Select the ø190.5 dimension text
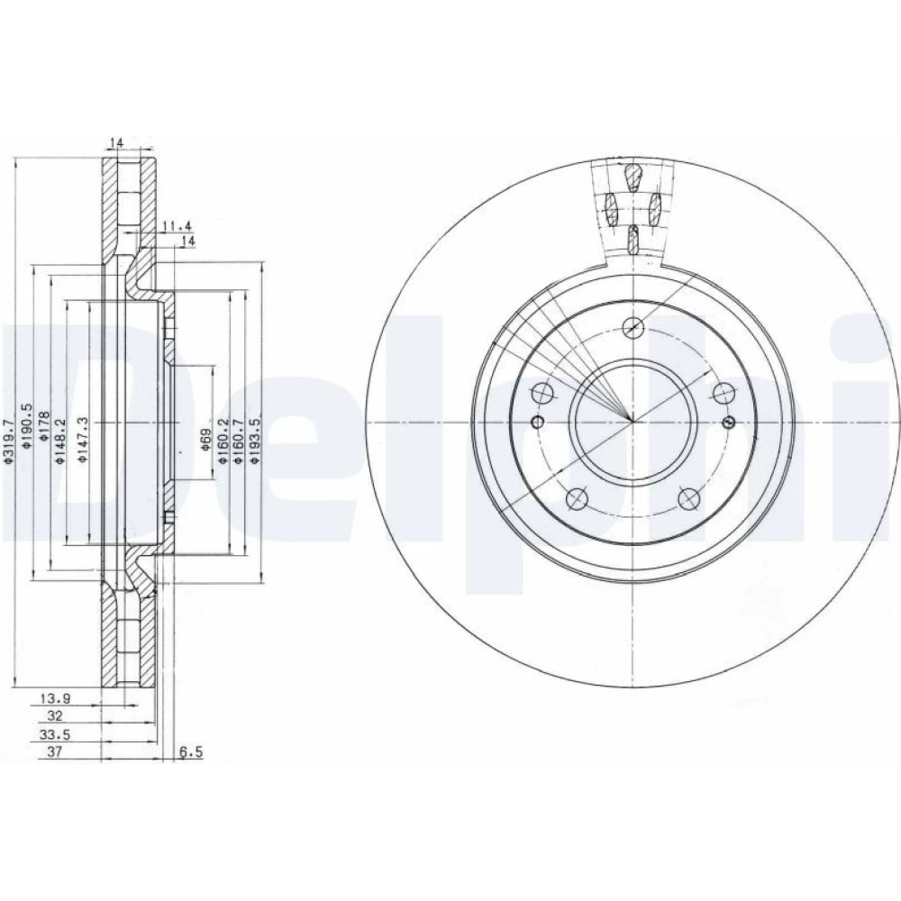pyautogui.click(x=26, y=426)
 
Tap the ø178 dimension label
pyautogui.click(x=44, y=426)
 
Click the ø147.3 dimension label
pyautogui.click(x=83, y=441)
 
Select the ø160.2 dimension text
pyautogui.click(x=223, y=441)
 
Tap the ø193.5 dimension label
pyautogui.click(x=255, y=441)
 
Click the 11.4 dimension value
pyautogui.click(x=176, y=226)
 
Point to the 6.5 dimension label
pyautogui.click(x=191, y=751)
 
